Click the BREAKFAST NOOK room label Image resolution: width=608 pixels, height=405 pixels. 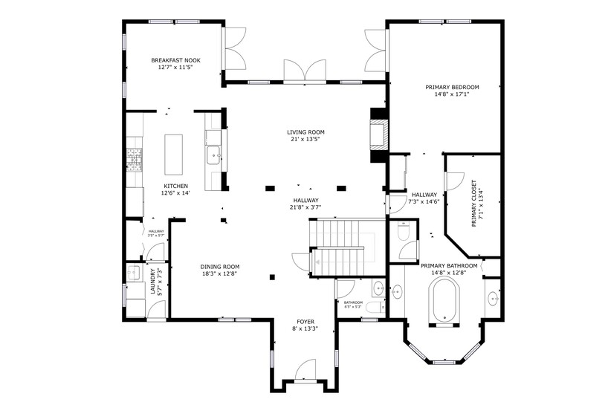(x=175, y=60)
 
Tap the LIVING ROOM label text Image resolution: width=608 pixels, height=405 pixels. (x=305, y=132)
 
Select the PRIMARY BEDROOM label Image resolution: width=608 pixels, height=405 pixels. (x=452, y=87)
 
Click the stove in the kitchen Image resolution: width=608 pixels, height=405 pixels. (x=135, y=160)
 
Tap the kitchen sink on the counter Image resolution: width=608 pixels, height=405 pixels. (x=213, y=155)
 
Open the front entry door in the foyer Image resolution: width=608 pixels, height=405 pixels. (x=305, y=372)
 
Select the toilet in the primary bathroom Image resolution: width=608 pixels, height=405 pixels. (x=403, y=233)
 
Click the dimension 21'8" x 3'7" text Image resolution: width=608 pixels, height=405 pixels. (x=305, y=207)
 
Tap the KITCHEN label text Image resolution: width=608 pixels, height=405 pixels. (x=175, y=186)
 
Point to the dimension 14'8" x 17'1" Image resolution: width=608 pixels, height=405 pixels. (x=452, y=94)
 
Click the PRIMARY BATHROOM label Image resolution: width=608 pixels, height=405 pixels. (x=443, y=265)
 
